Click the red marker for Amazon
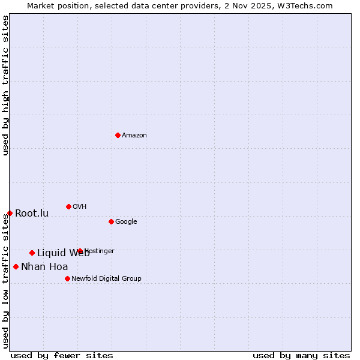coord(118,135)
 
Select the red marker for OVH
coord(68,206)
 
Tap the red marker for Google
coord(111,221)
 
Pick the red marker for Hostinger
coord(80,251)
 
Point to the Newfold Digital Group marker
coord(67,278)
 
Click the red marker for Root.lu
coord(10,213)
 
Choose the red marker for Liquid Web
coord(32,253)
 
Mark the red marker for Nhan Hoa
coord(16,266)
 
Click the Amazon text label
coord(134,136)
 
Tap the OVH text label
coord(80,207)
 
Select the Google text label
coord(126,222)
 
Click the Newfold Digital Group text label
coord(106,279)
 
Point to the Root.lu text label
coord(32,214)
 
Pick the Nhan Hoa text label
coord(44,267)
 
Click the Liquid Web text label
coord(63,253)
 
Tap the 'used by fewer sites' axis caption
coord(62,355)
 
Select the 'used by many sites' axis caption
coord(301,355)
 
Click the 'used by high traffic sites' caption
coord(5,85)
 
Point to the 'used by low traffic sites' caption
coord(5,281)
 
